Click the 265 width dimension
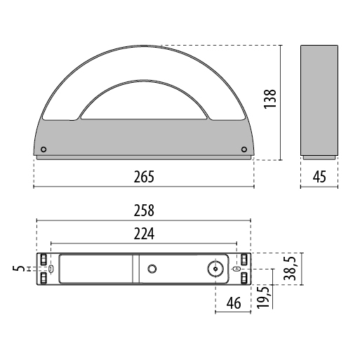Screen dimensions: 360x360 click(144, 177)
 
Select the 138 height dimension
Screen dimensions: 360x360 click(270, 99)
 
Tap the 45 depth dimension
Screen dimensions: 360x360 click(319, 177)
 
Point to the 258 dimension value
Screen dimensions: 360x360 click(144, 211)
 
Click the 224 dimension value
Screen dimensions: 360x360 click(144, 234)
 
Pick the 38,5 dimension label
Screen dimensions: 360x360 click(290, 268)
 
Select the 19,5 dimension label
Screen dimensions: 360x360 click(263, 298)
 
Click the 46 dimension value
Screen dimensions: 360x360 click(234, 303)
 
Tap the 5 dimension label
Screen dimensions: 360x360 click(18, 268)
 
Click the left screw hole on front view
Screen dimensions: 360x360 click(44, 149)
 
